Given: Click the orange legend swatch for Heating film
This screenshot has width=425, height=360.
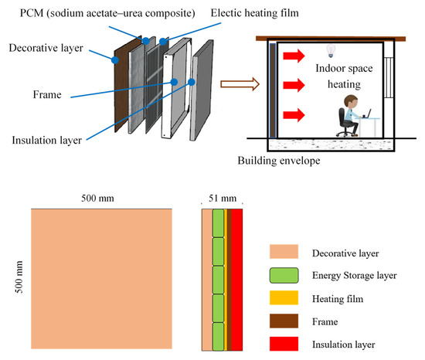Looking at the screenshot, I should (284, 297).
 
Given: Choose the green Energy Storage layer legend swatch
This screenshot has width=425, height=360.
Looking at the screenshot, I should (284, 275).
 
